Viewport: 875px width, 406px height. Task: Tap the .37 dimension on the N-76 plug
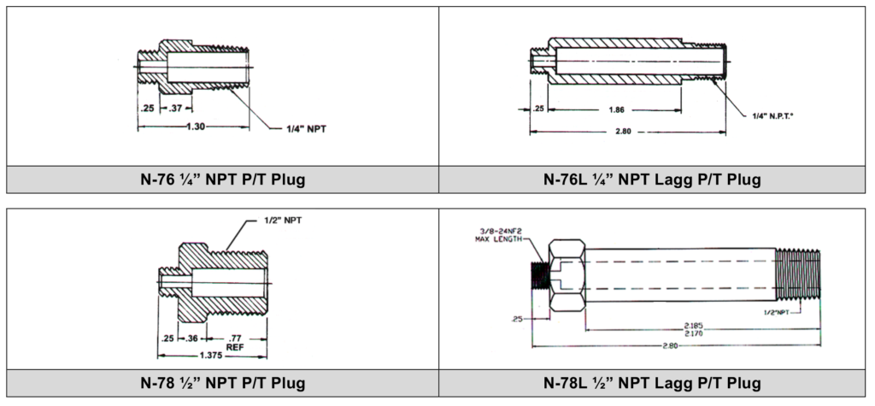coord(175,108)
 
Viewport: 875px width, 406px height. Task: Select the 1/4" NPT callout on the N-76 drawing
coord(306,130)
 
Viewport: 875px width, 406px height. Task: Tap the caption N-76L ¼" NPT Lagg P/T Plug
coord(652,179)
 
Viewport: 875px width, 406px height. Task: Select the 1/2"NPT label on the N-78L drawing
coord(776,312)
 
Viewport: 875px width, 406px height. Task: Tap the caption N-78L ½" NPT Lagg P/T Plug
coord(652,383)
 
